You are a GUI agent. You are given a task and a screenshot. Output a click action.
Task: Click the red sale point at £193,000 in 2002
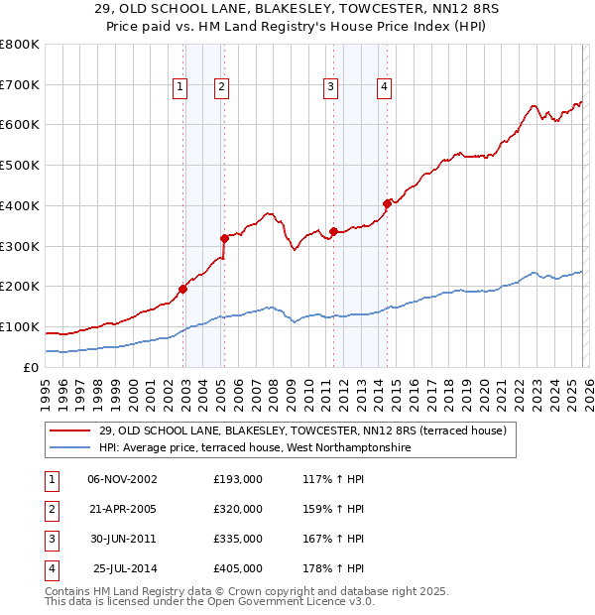[x=183, y=290]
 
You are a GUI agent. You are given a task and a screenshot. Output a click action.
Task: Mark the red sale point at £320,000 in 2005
[x=225, y=238]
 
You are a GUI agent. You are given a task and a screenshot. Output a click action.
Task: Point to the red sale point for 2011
[x=334, y=232]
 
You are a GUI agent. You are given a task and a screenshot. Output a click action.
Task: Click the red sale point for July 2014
[x=387, y=203]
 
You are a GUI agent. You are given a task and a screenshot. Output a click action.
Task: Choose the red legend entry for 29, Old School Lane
[x=302, y=430]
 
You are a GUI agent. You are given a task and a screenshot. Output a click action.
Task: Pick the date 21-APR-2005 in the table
[x=123, y=509]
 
